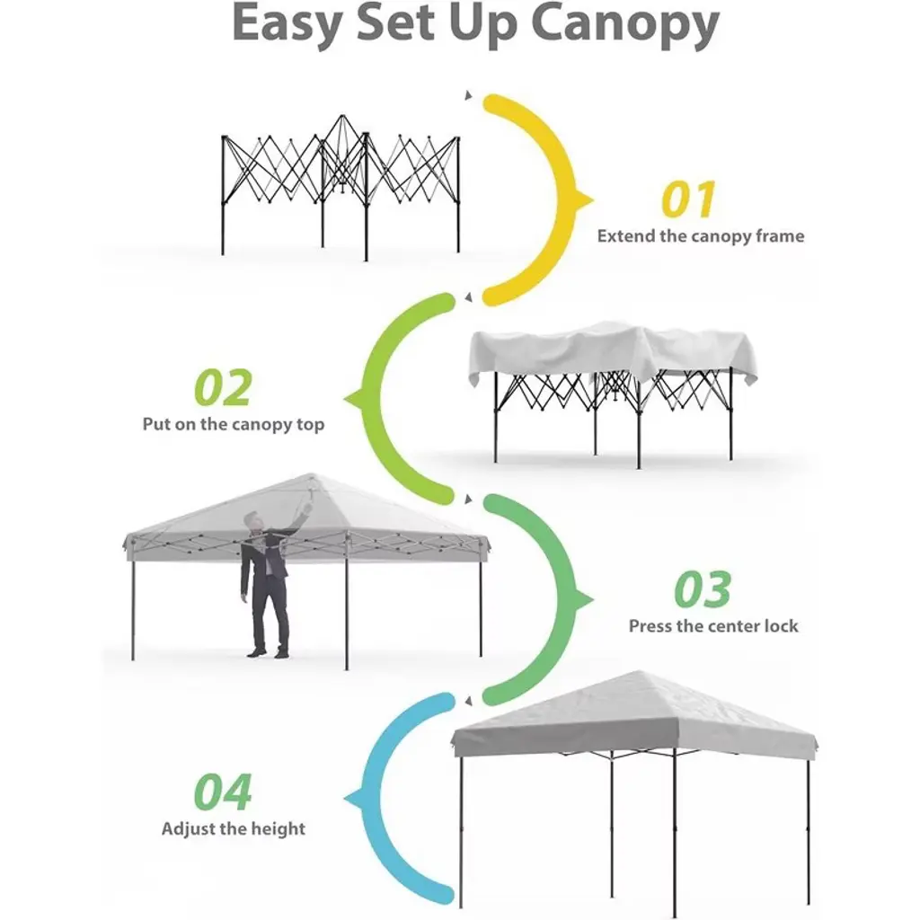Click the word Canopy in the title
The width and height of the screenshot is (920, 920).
[625, 24]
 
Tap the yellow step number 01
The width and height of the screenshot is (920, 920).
[688, 199]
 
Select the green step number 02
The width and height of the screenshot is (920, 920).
[223, 387]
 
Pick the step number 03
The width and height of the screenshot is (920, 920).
[703, 589]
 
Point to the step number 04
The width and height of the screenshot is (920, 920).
[223, 792]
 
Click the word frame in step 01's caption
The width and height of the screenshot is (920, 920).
[780, 236]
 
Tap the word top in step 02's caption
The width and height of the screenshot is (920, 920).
[310, 425]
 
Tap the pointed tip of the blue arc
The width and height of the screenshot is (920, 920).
[344, 799]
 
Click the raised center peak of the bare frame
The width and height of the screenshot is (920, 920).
[342, 116]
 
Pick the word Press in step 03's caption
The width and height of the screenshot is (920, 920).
[650, 626]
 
